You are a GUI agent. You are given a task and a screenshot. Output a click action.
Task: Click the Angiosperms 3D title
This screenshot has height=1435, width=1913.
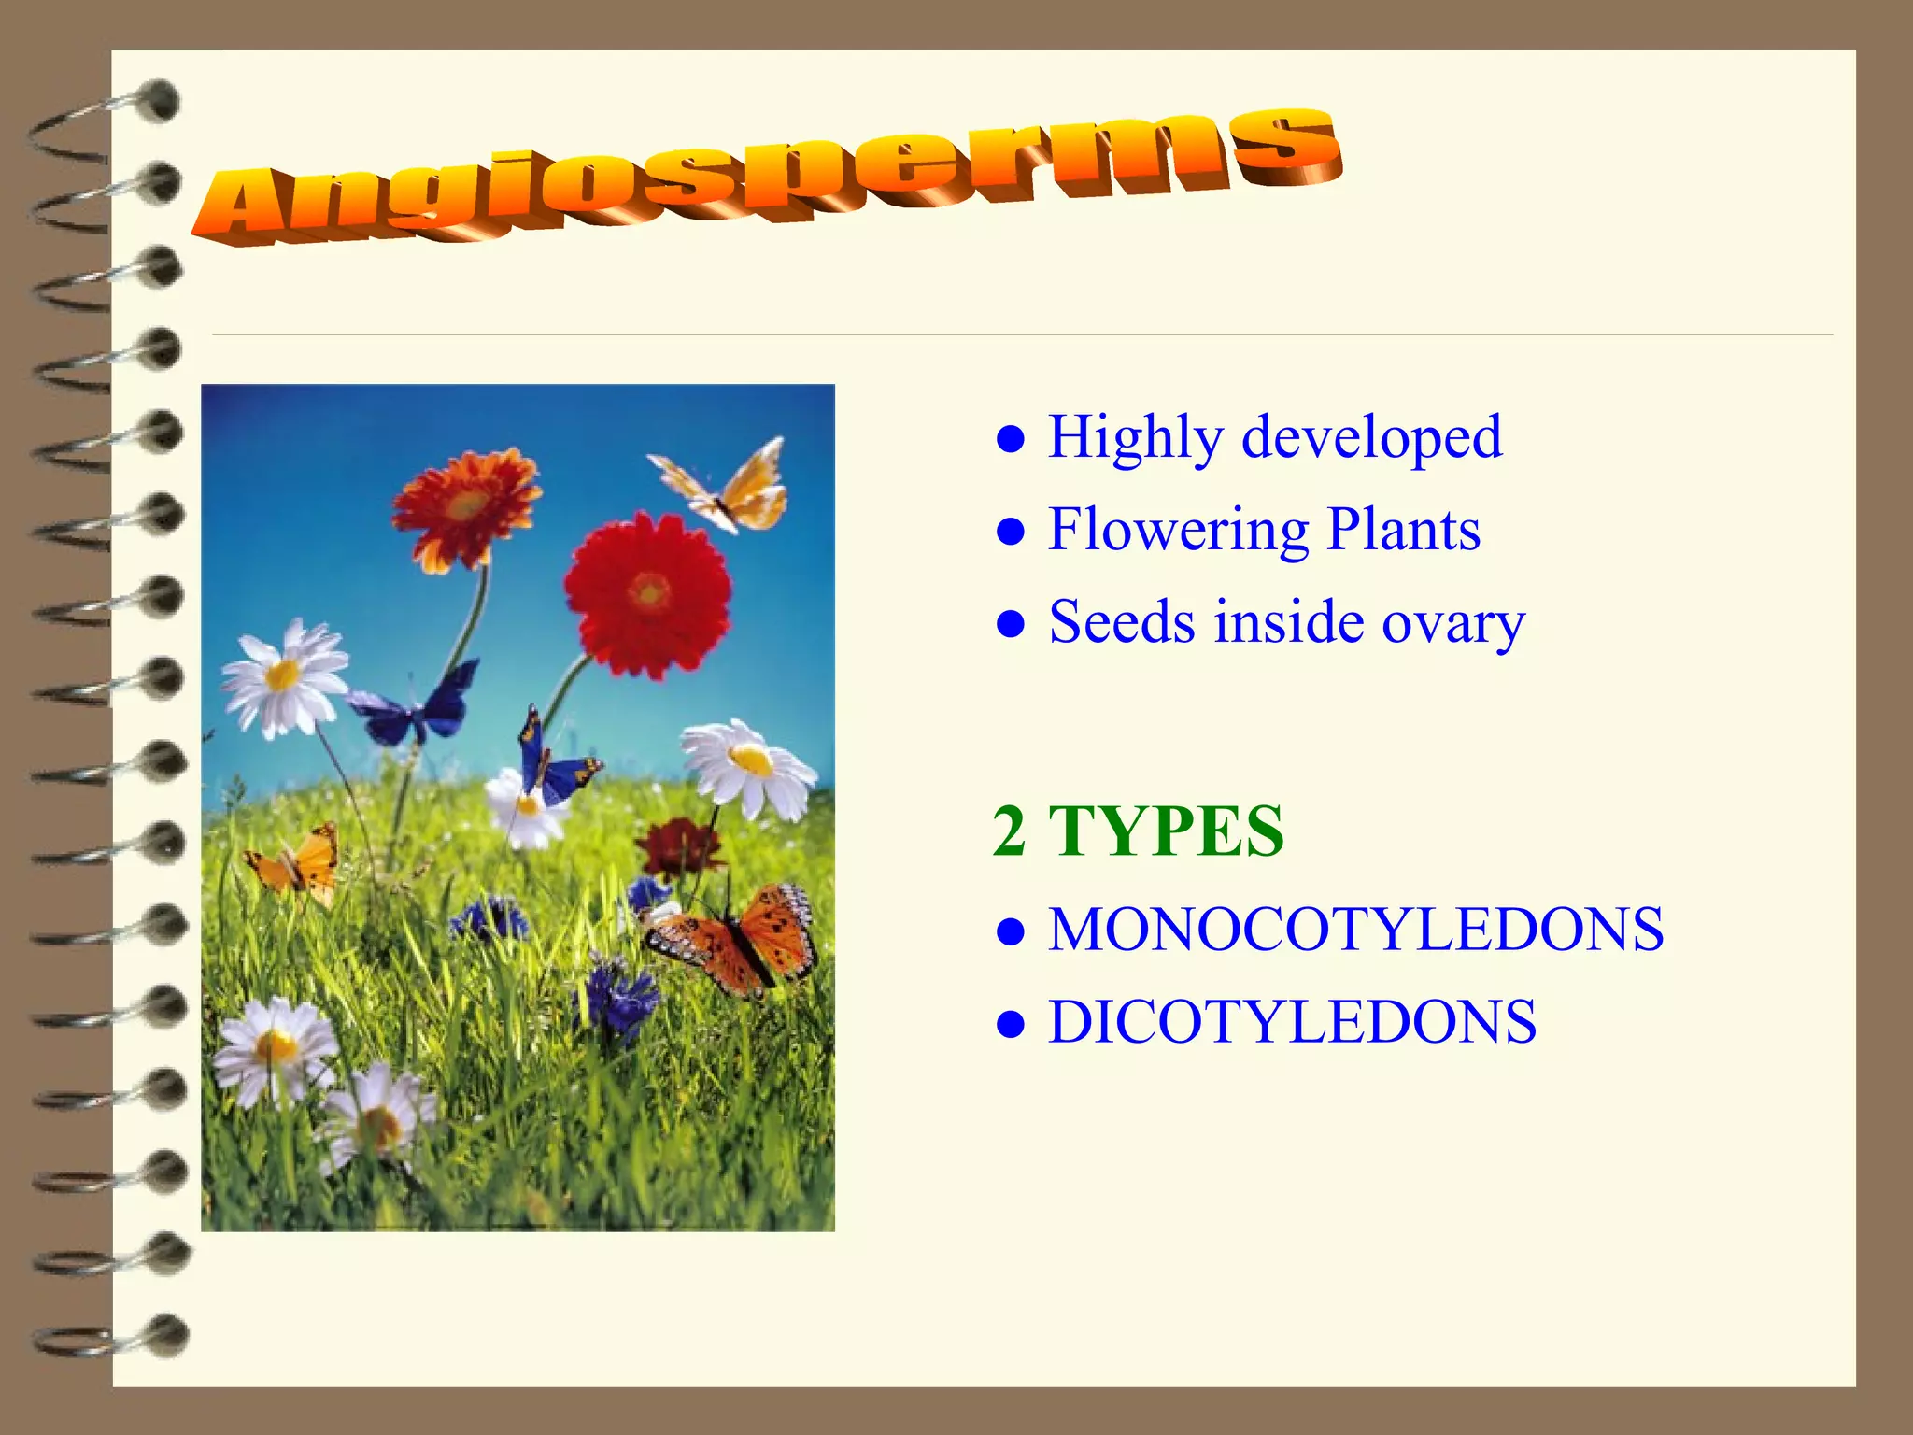(766, 178)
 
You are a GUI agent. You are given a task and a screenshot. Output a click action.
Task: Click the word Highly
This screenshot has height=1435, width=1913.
(1134, 437)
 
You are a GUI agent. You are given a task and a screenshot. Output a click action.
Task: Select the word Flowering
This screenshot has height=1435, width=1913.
(1179, 531)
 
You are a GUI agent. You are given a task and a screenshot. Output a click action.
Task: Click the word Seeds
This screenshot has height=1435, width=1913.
(1121, 622)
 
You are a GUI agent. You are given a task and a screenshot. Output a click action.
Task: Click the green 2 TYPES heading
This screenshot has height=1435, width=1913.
(1138, 831)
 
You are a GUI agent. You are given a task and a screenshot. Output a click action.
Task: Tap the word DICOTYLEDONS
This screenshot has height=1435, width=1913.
(1292, 1021)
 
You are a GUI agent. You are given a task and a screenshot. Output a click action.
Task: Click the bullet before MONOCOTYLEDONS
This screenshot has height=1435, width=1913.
(1011, 931)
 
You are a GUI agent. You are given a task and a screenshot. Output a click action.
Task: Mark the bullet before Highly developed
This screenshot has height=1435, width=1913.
(1011, 438)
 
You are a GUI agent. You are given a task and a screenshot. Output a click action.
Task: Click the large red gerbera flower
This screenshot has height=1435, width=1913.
(647, 593)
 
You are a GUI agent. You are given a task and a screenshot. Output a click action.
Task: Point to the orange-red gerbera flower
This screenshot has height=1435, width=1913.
(465, 507)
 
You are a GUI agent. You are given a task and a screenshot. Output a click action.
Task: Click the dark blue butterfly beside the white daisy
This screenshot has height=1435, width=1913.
(416, 705)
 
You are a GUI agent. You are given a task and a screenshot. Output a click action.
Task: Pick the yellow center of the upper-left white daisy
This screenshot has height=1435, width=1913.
(282, 674)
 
